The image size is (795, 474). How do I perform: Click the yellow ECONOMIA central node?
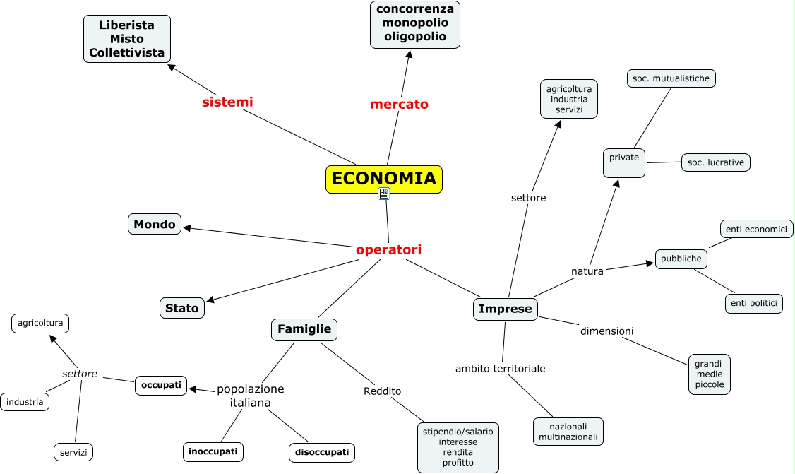point(383,179)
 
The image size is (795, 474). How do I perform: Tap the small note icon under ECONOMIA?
point(384,194)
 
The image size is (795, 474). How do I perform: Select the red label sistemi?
point(227,102)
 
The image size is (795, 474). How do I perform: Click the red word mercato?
point(399,105)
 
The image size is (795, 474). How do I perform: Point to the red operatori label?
point(388,249)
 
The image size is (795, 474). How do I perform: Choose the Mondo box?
point(155,224)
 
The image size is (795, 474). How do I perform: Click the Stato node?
point(181,307)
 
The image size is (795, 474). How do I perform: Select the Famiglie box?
point(304,329)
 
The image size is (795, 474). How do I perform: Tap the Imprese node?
point(506,309)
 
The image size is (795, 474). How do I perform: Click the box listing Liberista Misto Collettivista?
point(127,39)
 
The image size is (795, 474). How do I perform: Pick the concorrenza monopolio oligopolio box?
point(415,24)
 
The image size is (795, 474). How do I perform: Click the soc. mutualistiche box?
point(671,78)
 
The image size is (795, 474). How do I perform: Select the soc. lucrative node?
point(715,162)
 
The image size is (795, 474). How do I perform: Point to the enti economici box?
point(757,229)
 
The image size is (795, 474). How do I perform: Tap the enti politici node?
point(754,304)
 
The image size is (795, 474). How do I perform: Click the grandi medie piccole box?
point(710,374)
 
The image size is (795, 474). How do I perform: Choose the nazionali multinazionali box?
point(568,432)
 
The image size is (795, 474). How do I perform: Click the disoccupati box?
point(322,452)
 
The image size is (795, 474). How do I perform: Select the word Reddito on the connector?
point(383,391)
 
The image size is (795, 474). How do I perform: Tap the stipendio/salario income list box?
point(458,447)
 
